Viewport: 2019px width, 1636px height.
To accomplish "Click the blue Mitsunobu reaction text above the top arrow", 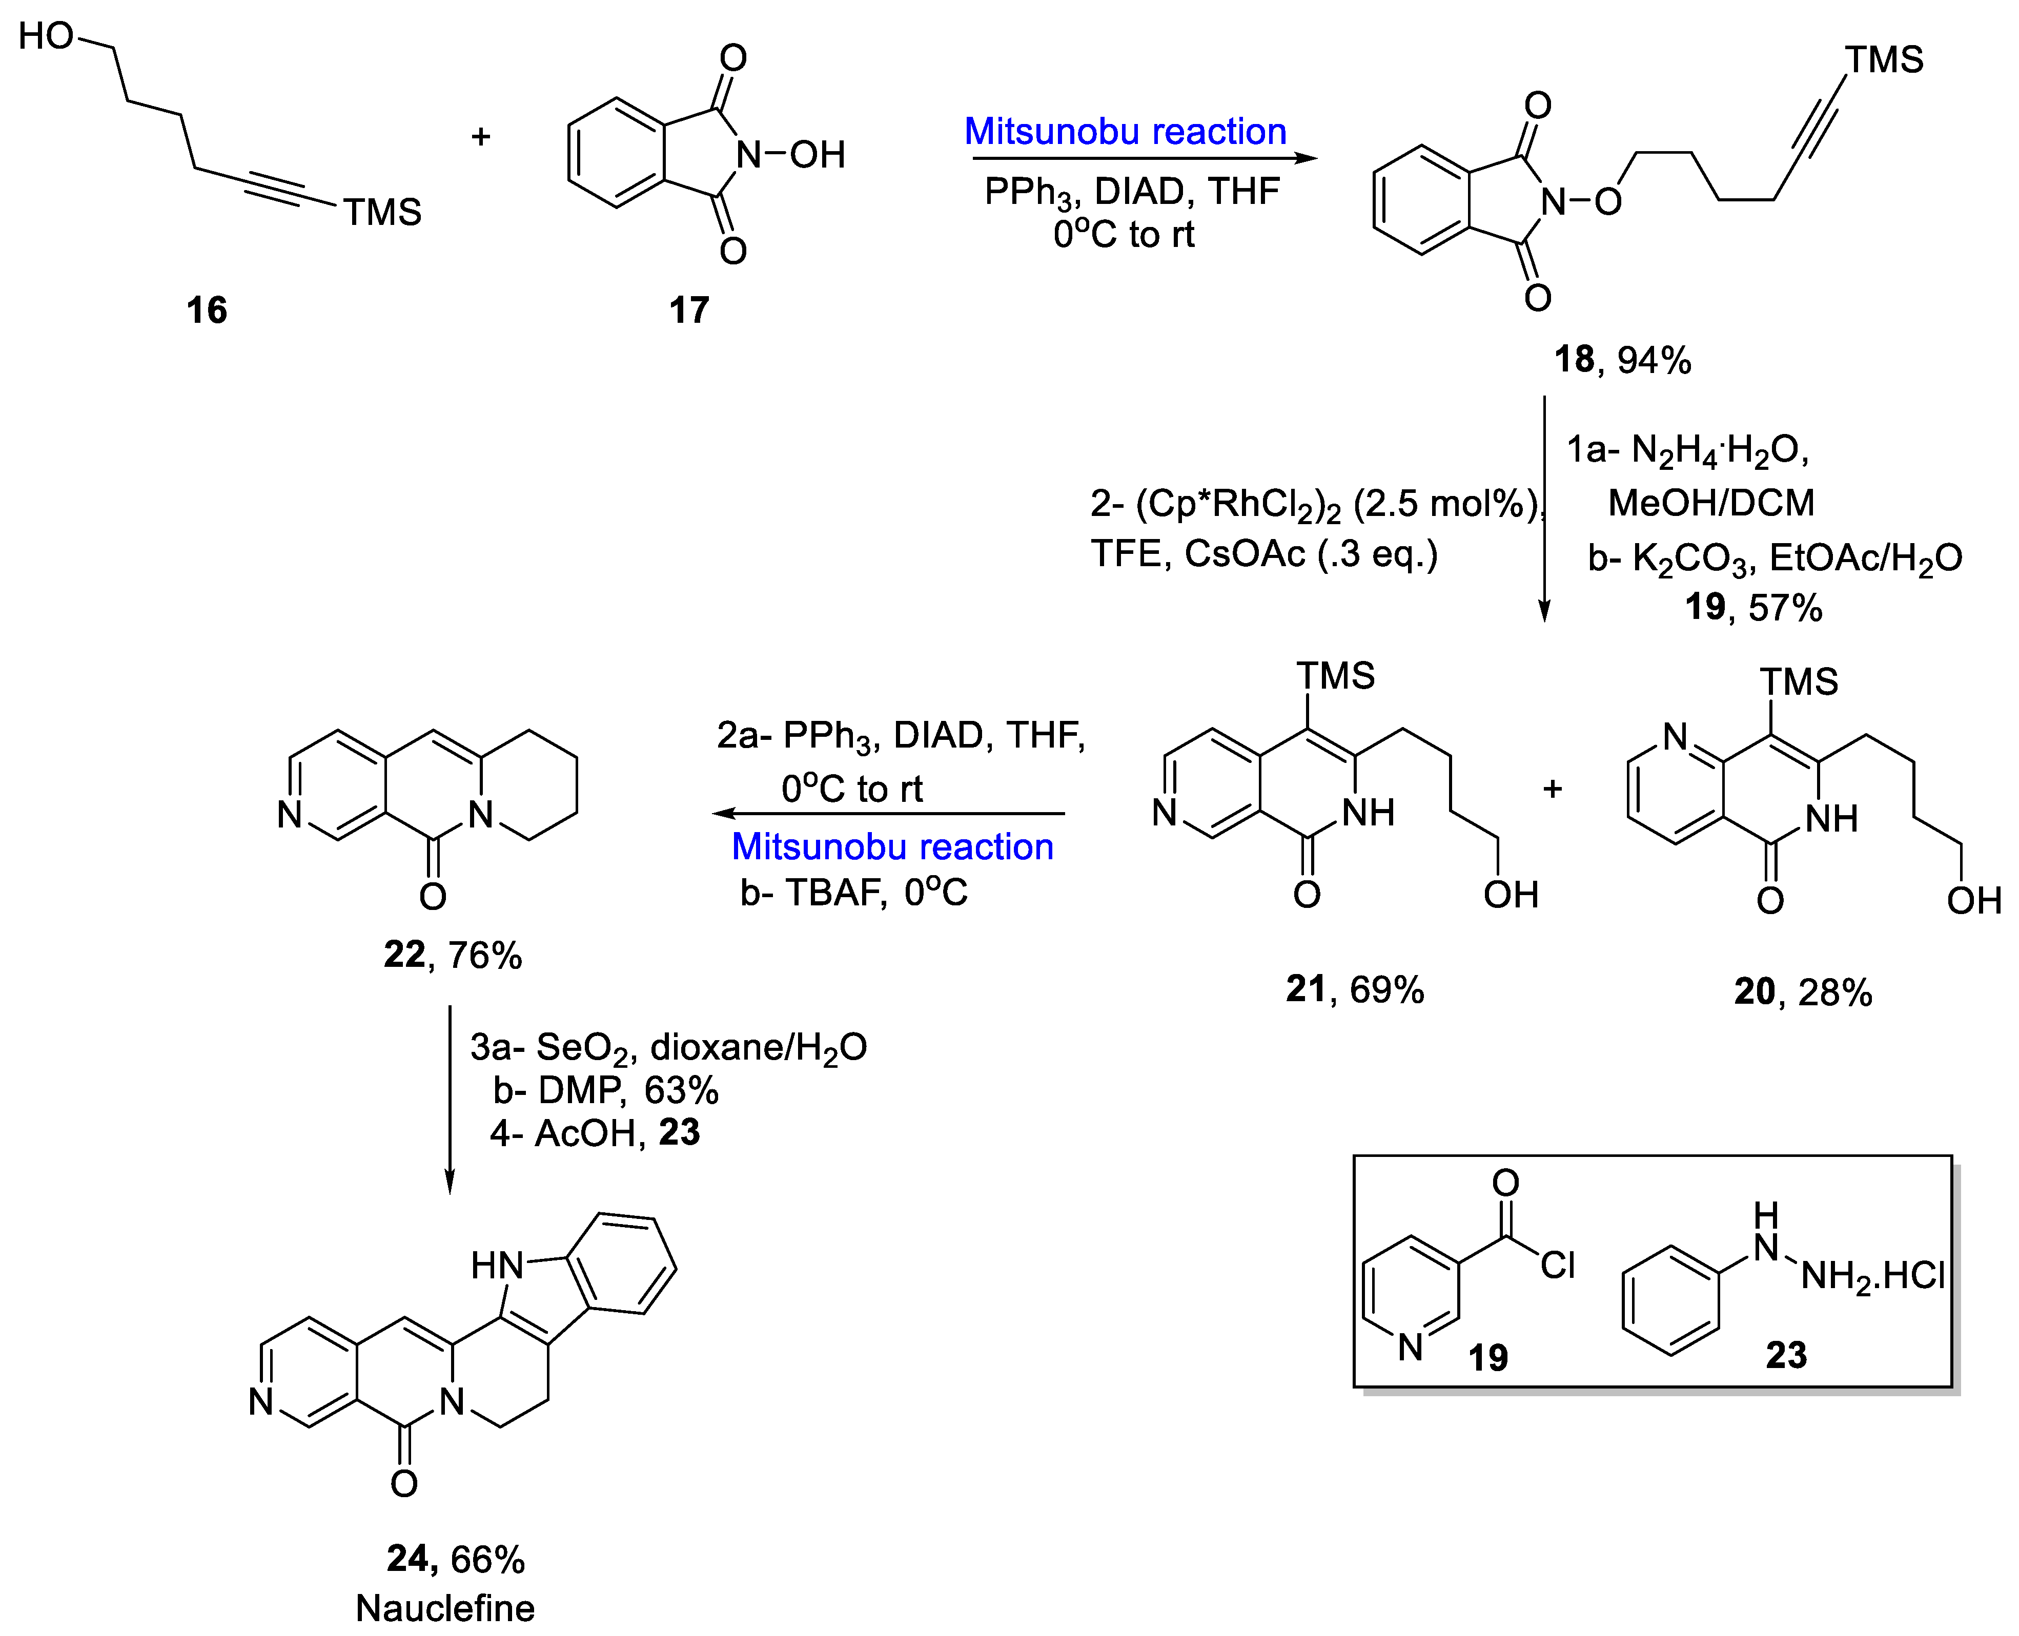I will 1126,131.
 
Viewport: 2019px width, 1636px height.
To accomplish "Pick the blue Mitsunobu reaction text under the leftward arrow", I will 892,846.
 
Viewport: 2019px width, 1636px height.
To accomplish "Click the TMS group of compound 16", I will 382,212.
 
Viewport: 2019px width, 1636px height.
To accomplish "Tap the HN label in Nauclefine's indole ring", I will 497,1265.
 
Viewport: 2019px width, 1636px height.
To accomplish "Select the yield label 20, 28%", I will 1802,992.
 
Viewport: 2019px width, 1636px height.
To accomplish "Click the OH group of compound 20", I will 1973,901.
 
